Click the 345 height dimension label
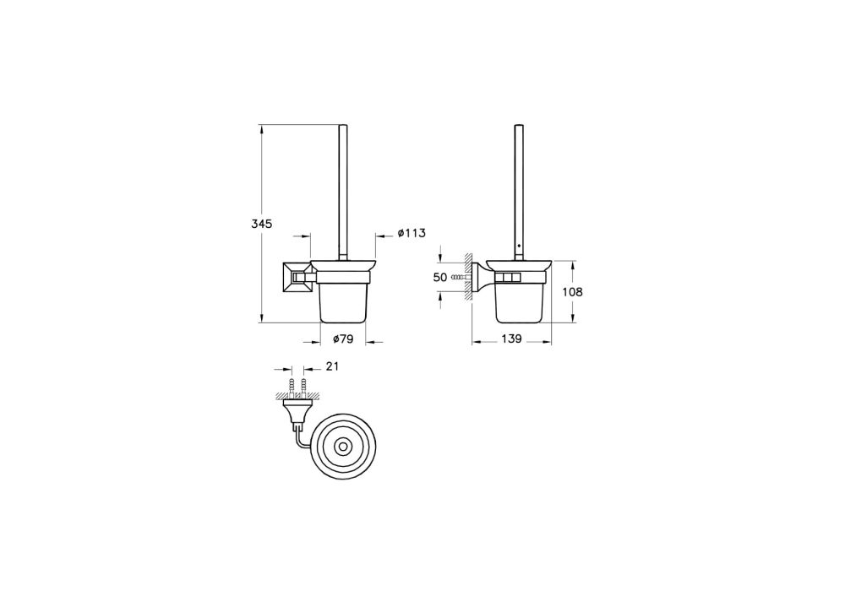coord(260,225)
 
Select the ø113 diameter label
coord(411,233)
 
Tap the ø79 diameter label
coord(342,339)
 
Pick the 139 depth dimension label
coord(510,339)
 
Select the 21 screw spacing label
coord(331,366)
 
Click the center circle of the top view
coord(344,445)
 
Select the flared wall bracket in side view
coord(479,277)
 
